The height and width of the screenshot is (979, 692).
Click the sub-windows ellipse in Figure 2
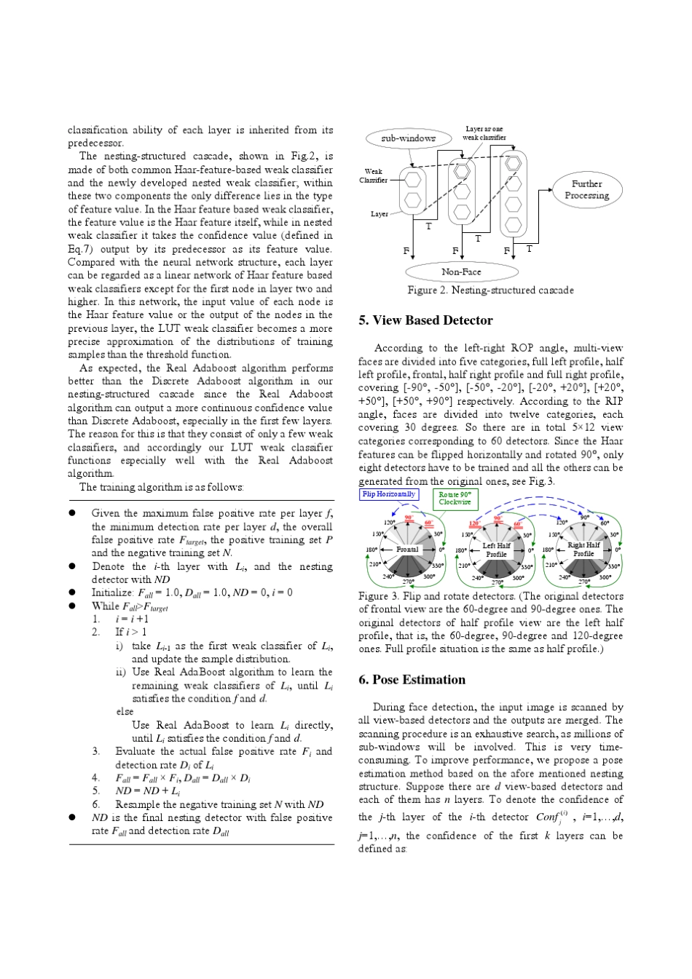coord(408,138)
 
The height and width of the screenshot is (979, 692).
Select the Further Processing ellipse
coord(586,189)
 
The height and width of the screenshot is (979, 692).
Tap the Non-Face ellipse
coord(461,271)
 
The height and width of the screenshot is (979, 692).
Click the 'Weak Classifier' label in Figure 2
coord(373,176)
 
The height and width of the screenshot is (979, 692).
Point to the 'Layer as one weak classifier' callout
coord(484,132)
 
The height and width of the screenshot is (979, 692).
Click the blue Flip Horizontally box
coord(390,494)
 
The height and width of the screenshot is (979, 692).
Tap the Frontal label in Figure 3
coord(408,549)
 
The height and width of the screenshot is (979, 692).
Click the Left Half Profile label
coord(496,550)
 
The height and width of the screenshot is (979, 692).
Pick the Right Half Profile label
coord(583,549)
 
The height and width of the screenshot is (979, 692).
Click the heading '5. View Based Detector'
coord(425,320)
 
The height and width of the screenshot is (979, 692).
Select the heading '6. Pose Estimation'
coord(412,680)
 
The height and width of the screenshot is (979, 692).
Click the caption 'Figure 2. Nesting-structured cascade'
coord(490,290)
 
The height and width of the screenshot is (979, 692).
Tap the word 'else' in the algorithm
coord(125,712)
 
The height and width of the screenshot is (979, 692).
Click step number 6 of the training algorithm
coord(96,804)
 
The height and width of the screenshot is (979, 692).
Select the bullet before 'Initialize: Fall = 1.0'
coord(73,592)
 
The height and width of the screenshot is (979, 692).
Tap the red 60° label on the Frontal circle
coord(428,523)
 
